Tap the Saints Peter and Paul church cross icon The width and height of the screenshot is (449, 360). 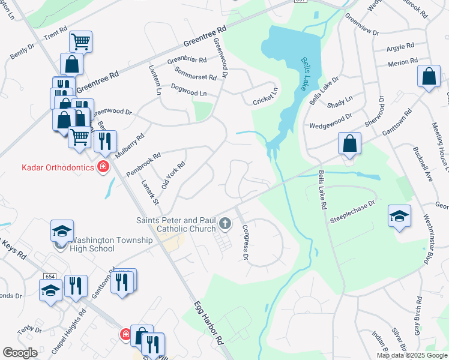pos(225,224)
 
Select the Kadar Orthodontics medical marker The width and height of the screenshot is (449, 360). pos(103,167)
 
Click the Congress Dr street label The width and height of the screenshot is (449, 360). pos(245,242)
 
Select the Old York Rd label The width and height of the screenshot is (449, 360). pos(173,174)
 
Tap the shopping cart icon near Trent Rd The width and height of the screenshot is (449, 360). pos(80,41)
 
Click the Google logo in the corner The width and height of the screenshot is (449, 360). pos(20,353)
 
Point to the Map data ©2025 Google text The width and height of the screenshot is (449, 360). pos(412,355)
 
